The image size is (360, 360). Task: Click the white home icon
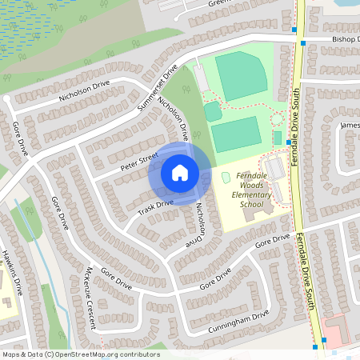pyautogui.click(x=180, y=172)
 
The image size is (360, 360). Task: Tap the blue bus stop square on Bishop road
pyautogui.click(x=294, y=30)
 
